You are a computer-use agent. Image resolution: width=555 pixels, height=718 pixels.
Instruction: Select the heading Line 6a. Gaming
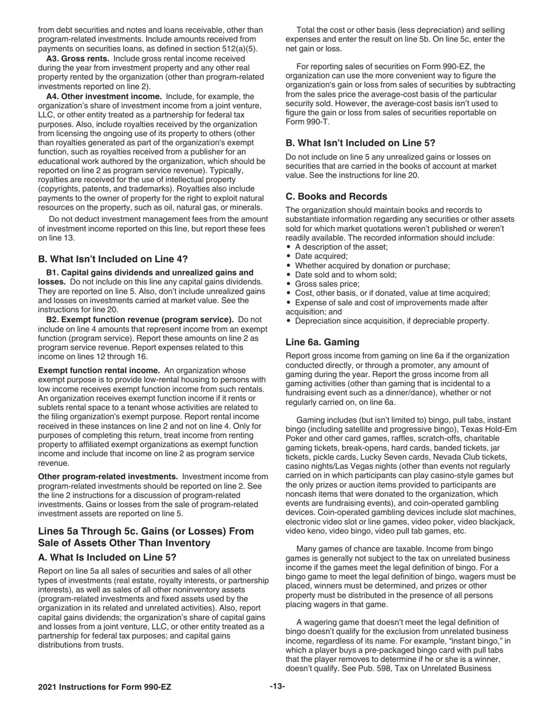[322, 342]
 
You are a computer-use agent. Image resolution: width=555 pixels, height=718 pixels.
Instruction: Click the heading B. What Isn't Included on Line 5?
[360, 142]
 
